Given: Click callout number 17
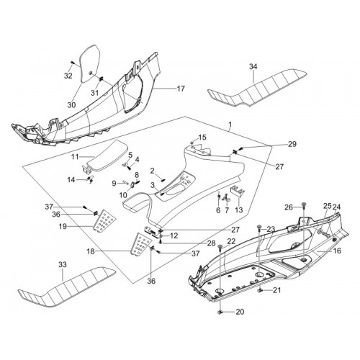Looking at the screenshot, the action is coord(181,89).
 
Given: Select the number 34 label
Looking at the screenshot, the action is coord(253,66).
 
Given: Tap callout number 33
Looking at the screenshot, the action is coord(63,265).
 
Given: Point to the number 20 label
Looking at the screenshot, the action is coord(240,312).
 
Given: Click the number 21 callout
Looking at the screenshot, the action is coord(276,290).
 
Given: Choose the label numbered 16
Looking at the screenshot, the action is coord(337,251).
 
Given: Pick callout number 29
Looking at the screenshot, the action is coord(292,144).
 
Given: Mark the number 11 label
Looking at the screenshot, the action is coord(75,157).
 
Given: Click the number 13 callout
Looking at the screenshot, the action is coord(239,210).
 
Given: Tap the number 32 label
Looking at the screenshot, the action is coord(68,76).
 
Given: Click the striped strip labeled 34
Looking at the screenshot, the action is coord(257,88).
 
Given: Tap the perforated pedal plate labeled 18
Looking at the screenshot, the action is coord(141,244).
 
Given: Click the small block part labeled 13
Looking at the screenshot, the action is coord(238,192).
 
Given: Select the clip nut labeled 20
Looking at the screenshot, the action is coord(220,312).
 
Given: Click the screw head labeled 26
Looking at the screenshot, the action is coord(304,204).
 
